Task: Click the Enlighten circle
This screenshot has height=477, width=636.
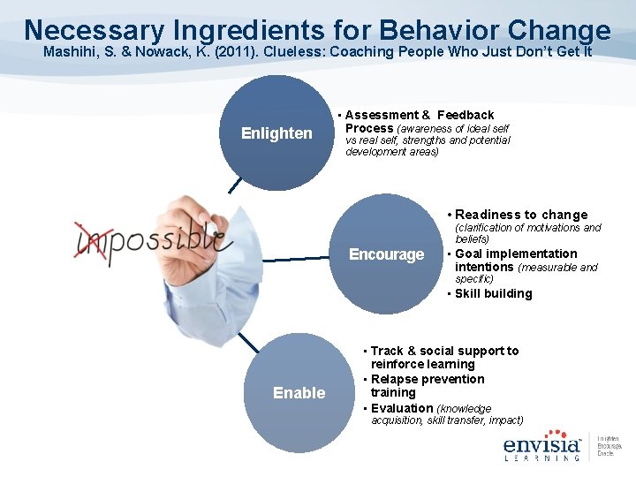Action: (276, 133)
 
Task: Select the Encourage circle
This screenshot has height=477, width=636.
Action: (386, 254)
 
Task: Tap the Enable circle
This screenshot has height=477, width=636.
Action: (299, 392)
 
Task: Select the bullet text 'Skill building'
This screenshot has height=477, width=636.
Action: (493, 293)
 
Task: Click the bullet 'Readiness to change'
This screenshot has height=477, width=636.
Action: (520, 215)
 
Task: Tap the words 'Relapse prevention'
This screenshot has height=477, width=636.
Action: (428, 379)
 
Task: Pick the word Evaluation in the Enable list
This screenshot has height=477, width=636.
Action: (402, 408)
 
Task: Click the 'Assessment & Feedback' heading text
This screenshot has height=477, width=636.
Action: (420, 115)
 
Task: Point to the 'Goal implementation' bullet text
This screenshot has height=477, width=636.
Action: (516, 254)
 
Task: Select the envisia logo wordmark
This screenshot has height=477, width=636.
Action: (541, 444)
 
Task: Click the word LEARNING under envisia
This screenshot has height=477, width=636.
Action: (541, 458)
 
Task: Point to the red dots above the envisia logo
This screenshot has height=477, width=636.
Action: (556, 432)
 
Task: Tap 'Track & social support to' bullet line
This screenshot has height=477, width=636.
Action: (444, 351)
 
